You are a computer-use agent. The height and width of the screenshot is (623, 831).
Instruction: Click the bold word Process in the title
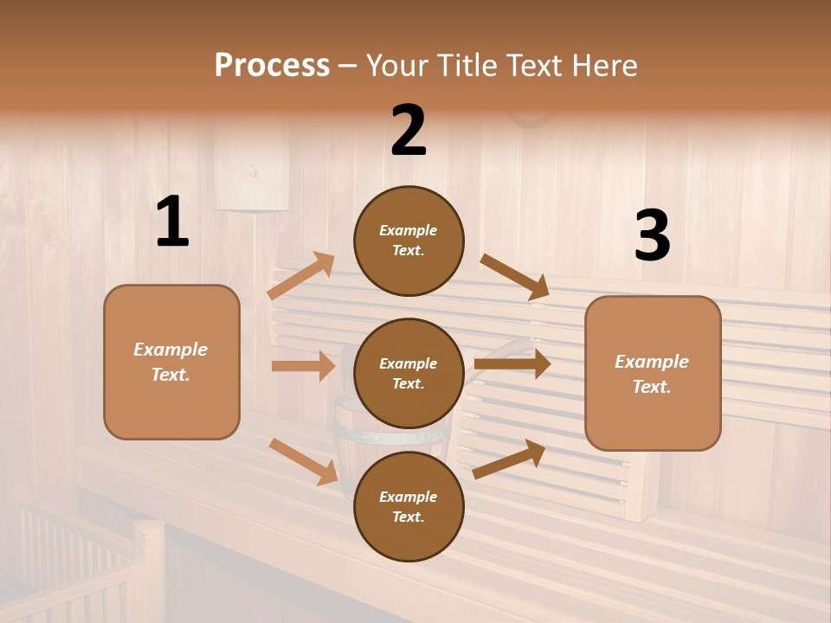[x=272, y=65]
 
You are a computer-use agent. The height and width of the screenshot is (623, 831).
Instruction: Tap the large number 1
[x=172, y=222]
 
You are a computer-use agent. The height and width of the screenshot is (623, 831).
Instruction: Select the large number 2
[x=409, y=131]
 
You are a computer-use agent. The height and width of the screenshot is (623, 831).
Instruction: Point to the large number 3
[x=652, y=236]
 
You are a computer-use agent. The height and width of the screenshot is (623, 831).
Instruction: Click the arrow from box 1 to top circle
[x=302, y=276]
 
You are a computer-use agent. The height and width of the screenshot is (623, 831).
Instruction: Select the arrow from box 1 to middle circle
[x=303, y=366]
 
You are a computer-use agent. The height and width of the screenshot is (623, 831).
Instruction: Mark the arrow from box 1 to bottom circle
[x=304, y=461]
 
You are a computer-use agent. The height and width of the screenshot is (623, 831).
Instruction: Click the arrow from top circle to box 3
[x=515, y=277]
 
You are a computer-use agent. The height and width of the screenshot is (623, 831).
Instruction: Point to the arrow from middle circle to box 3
[x=512, y=364]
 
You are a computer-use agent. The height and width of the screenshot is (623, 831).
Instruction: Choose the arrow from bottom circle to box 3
[x=509, y=459]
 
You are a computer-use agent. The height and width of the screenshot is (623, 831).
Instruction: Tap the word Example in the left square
[x=171, y=350]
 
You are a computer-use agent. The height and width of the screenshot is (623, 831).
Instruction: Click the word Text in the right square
[x=650, y=387]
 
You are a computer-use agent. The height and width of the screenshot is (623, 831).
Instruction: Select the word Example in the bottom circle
[x=408, y=497]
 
